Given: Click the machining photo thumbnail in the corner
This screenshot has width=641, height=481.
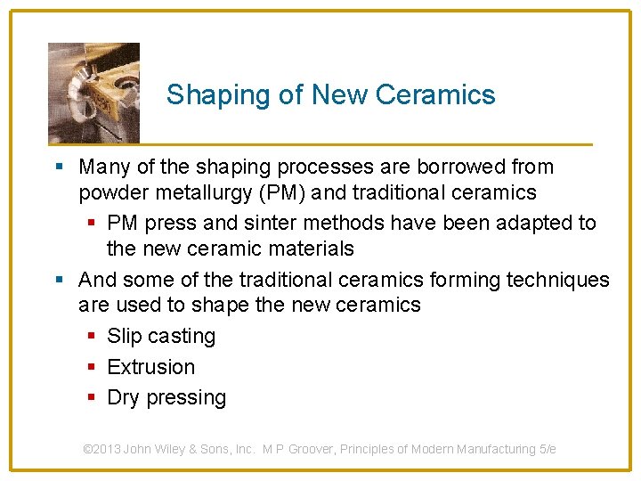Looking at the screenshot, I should coord(93,93).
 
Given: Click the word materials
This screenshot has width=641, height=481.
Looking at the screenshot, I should coord(307,249).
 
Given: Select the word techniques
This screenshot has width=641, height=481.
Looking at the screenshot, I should coord(557,280).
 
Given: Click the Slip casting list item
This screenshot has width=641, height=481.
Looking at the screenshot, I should coord(161,336).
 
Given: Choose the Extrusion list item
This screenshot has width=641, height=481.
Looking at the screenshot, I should coord(150,367).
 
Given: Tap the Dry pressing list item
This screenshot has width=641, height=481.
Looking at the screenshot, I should coord(166,397).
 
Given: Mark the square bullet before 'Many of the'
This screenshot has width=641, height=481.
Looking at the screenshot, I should coord(59,167).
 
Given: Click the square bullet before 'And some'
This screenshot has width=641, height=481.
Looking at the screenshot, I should coord(59,281).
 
